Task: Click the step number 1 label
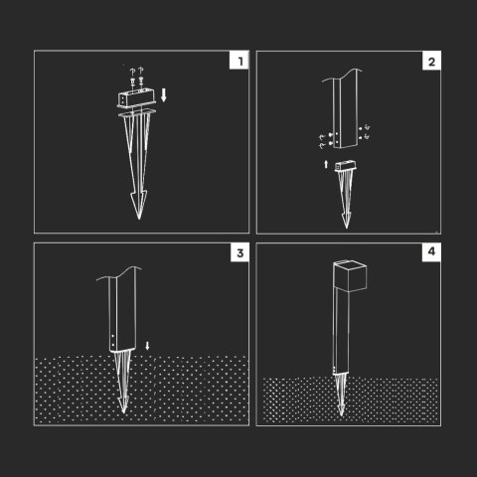click(x=240, y=62)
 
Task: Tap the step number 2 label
click(x=431, y=62)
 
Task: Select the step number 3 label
click(x=240, y=253)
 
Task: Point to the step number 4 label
click(x=431, y=251)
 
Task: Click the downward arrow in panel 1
click(x=163, y=95)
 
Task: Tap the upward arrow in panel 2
click(x=326, y=164)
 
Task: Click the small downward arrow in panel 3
click(x=147, y=346)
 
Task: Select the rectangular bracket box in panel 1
click(x=136, y=99)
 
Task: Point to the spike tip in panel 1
click(x=139, y=219)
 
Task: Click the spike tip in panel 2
click(x=347, y=228)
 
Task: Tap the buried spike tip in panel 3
click(x=124, y=412)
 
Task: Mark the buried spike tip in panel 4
click(x=341, y=415)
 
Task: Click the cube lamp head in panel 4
click(x=350, y=275)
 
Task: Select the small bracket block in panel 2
click(x=346, y=166)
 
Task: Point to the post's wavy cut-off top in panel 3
click(x=119, y=273)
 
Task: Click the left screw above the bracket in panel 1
click(x=132, y=80)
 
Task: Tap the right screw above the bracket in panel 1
click(x=141, y=79)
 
